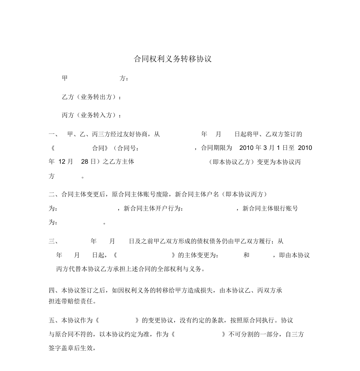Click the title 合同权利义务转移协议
click(173, 59)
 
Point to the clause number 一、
click(54, 134)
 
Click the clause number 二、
click(54, 194)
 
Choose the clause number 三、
click(54, 241)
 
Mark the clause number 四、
click(54, 290)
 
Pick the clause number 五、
click(54, 321)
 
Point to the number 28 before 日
click(85, 162)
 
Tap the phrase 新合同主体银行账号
click(270, 209)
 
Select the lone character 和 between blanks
click(246, 255)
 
